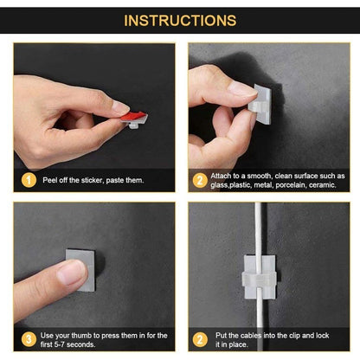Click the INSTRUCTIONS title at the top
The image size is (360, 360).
(180, 20)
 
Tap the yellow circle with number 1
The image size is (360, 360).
(29, 179)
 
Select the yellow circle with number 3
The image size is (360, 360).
(29, 339)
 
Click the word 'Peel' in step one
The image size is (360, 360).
(49, 179)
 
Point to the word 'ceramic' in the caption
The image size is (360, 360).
(318, 184)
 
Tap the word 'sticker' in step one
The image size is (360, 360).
(94, 179)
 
